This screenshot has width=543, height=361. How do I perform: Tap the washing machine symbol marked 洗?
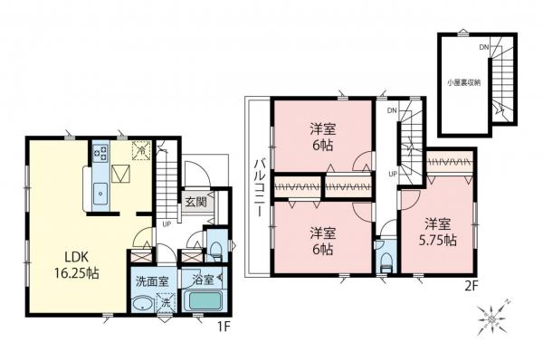[166, 303]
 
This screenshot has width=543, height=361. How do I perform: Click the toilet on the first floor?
[216, 246]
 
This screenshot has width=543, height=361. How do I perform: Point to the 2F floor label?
[460, 289]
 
